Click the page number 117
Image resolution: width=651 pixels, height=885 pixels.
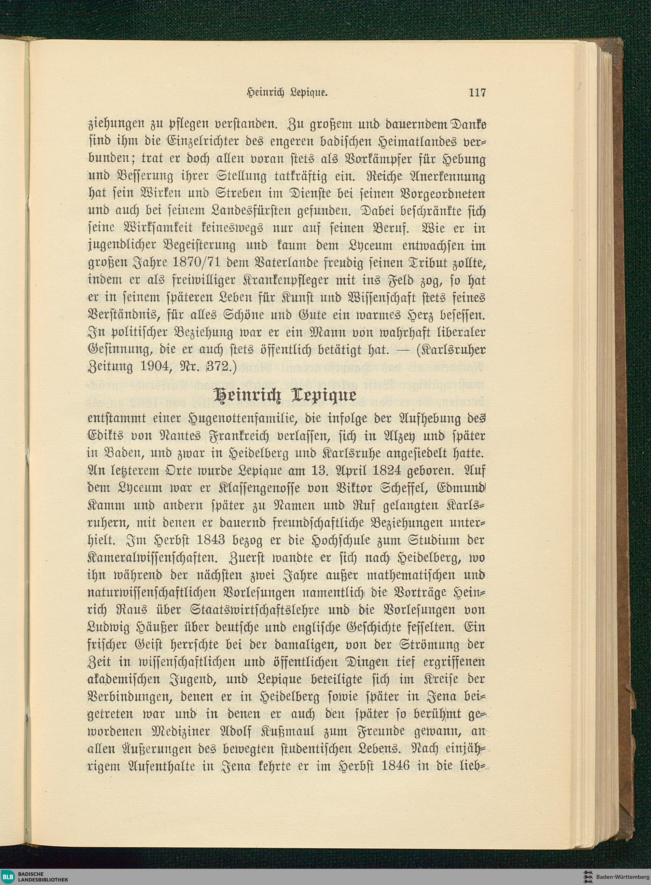(477, 93)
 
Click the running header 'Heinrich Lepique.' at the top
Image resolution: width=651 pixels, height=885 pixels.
(287, 93)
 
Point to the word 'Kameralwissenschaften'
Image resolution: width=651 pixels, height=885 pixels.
(151, 557)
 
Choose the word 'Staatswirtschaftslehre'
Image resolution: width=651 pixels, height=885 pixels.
(255, 610)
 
